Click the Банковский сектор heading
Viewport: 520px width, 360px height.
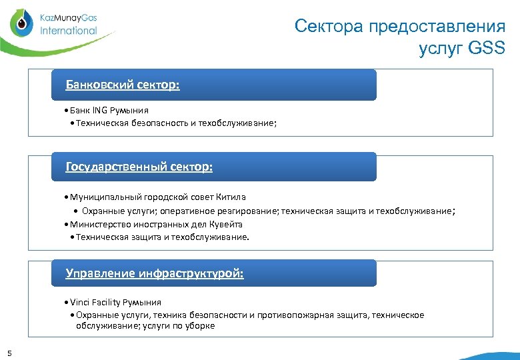click(x=123, y=85)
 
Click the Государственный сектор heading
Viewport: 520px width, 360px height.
click(x=139, y=167)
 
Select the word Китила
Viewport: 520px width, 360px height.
click(x=231, y=197)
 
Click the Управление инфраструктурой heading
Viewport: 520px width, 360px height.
click(x=154, y=273)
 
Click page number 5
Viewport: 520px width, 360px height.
click(x=9, y=353)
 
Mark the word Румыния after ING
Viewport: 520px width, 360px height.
click(x=129, y=111)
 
